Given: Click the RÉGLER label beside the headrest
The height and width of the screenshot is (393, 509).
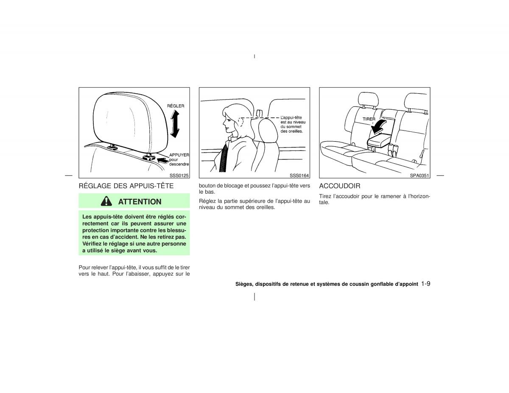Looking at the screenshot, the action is pos(176,106).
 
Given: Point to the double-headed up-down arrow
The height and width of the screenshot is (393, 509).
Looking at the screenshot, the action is pos(175,124).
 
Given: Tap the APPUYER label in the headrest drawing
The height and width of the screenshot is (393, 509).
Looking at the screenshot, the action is pos(179,155).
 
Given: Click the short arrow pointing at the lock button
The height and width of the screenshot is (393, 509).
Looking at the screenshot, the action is pos(163,160).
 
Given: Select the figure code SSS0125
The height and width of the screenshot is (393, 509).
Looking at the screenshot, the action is pos(179,176).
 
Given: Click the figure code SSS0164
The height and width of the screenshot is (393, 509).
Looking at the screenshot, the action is pos(299,176).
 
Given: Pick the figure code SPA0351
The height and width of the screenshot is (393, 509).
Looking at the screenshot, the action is pos(419,176).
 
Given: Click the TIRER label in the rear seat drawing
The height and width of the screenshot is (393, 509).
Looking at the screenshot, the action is pos(369,119).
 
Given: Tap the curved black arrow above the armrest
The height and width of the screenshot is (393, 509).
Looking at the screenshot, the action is pos(378,126).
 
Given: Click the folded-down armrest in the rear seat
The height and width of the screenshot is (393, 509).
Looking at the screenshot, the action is pos(379,140).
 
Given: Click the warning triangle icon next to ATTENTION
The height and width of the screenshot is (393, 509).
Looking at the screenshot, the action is pos(106,201).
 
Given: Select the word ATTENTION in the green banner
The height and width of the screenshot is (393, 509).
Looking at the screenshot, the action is pos(140,201).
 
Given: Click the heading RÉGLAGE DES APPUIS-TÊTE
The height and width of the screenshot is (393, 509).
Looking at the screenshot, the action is pos(126,186).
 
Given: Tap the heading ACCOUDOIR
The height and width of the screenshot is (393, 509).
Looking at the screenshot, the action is pos(340,186).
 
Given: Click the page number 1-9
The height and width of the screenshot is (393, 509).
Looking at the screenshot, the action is pos(425,284).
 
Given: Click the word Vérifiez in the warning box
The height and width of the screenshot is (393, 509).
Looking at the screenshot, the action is pos(92,243).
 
